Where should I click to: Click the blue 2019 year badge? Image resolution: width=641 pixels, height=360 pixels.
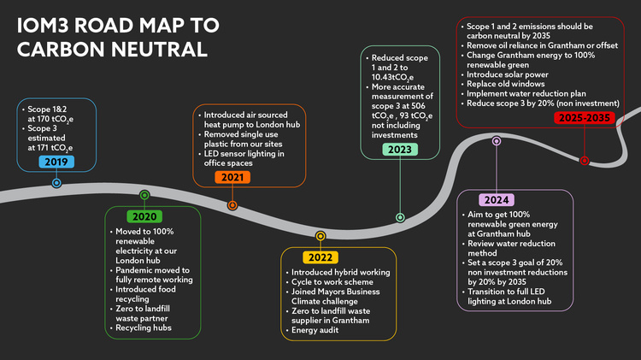click(x=56, y=162)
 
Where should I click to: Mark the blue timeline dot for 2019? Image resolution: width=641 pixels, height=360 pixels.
click(x=56, y=183)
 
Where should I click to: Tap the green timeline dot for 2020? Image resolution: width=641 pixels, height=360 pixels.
click(x=144, y=196)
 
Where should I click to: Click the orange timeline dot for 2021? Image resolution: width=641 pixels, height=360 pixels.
click(x=232, y=205)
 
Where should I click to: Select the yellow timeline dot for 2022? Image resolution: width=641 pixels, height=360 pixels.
click(x=320, y=236)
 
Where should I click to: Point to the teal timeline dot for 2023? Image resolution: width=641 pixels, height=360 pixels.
click(x=400, y=218)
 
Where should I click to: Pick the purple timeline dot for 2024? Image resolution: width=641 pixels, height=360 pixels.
click(x=497, y=141)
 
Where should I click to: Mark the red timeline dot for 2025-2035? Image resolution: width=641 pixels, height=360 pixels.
click(x=585, y=160)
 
